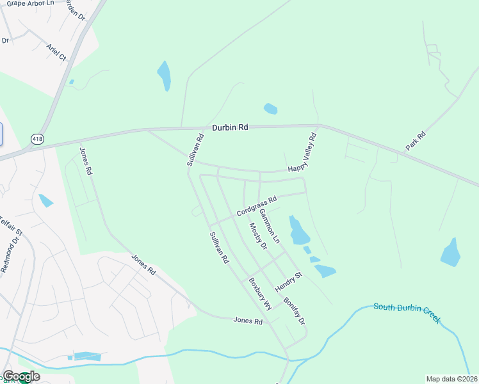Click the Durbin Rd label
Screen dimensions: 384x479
click(230, 127)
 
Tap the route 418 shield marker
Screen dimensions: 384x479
click(37, 138)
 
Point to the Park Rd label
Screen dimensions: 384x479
click(416, 141)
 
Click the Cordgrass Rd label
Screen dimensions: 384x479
click(256, 205)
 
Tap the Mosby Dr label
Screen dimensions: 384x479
click(257, 237)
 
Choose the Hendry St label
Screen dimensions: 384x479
click(288, 282)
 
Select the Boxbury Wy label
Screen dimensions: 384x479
click(261, 294)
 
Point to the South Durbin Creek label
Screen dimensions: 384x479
click(407, 312)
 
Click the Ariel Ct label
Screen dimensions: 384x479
click(56, 52)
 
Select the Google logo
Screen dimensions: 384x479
click(20, 376)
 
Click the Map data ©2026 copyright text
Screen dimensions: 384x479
click(451, 379)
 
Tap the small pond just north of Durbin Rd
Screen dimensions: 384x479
click(271, 109)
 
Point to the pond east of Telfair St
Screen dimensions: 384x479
click(45, 201)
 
